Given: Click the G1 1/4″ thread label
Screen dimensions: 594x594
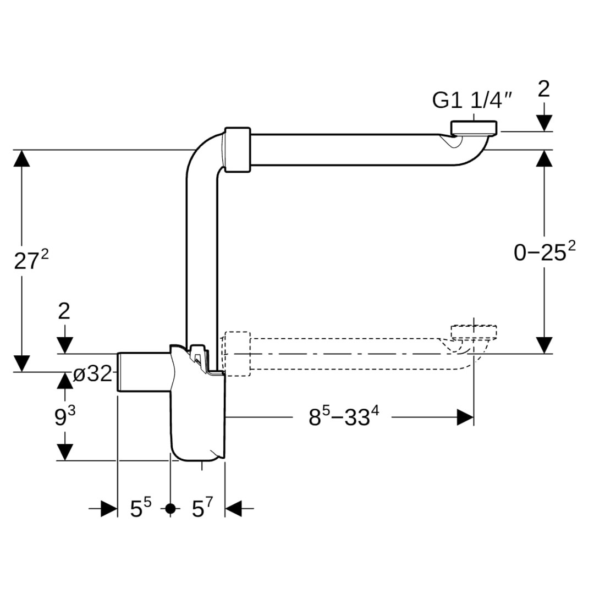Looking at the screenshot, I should [x=472, y=100].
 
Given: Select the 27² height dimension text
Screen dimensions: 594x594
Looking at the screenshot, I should [x=31, y=261].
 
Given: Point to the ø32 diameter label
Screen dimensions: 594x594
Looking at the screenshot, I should [x=93, y=375].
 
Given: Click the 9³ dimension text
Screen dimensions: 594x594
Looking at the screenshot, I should [x=64, y=417].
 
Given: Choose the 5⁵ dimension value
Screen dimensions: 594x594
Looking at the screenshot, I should [x=141, y=509].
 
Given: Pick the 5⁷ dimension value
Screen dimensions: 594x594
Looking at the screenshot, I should [x=202, y=509].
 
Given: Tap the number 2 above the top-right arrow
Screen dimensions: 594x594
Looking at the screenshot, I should [x=543, y=89].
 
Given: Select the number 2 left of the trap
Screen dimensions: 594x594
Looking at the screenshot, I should [x=64, y=311].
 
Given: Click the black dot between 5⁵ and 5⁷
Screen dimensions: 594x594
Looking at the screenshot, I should [x=170, y=509].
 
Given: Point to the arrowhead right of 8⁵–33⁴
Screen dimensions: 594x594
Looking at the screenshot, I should [x=465, y=417].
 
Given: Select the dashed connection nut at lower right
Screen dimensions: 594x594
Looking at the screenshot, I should [x=474, y=331].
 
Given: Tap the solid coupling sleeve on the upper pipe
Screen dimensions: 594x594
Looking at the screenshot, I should [x=238, y=150].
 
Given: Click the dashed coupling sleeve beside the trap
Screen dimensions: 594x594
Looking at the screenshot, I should [x=238, y=354].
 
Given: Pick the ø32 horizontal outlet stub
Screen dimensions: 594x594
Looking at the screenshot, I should [x=143, y=372].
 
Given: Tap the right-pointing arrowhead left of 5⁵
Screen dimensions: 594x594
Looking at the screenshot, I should [x=109, y=509].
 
